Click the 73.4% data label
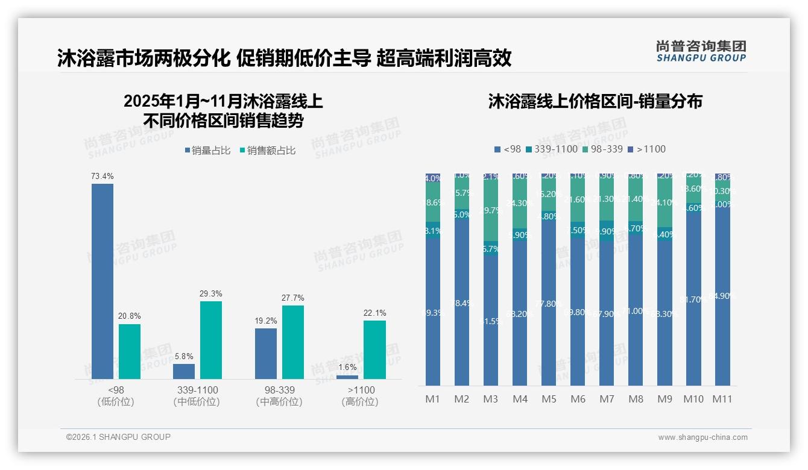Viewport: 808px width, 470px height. point(103,176)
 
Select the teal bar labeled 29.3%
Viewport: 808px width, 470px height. point(211,340)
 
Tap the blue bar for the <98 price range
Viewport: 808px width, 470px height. point(103,281)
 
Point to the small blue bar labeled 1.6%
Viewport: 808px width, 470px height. point(347,377)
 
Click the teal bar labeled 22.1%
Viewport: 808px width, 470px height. point(374,349)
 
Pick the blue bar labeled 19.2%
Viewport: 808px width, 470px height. point(266,353)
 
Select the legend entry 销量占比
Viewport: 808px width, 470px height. point(207,151)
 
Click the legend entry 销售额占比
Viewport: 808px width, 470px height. point(268,151)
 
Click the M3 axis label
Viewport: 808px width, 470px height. point(491,399)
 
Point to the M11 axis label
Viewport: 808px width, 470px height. point(722,399)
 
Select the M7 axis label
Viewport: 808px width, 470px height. point(607,399)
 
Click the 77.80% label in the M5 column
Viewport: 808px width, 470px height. point(549,304)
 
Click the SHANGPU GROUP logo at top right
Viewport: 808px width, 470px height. point(701,51)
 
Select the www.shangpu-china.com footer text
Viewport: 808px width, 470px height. point(702,437)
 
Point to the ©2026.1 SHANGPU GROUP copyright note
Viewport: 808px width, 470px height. point(118,437)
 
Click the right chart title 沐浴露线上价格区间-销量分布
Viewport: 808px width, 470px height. point(595,102)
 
